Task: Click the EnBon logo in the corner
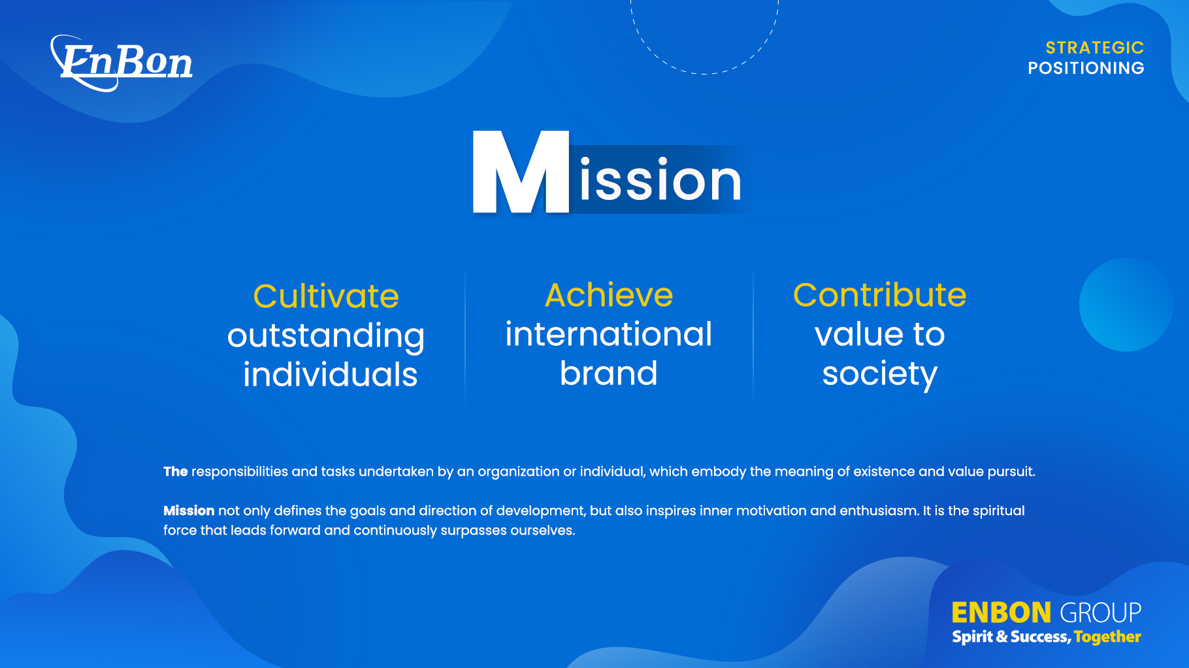click(122, 63)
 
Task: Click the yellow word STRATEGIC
click(1095, 48)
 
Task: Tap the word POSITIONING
click(1086, 68)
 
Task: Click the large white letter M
click(521, 172)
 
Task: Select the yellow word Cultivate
click(326, 296)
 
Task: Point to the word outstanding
click(326, 337)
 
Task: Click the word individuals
click(330, 375)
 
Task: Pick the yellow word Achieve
click(609, 295)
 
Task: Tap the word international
click(608, 334)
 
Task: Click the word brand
click(608, 373)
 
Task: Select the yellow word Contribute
click(879, 295)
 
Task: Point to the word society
click(879, 375)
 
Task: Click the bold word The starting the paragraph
click(176, 471)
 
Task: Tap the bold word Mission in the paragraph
click(189, 510)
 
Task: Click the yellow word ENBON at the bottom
click(1001, 613)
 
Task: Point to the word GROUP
click(1100, 613)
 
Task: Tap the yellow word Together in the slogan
click(1107, 637)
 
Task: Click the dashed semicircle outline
click(704, 73)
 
